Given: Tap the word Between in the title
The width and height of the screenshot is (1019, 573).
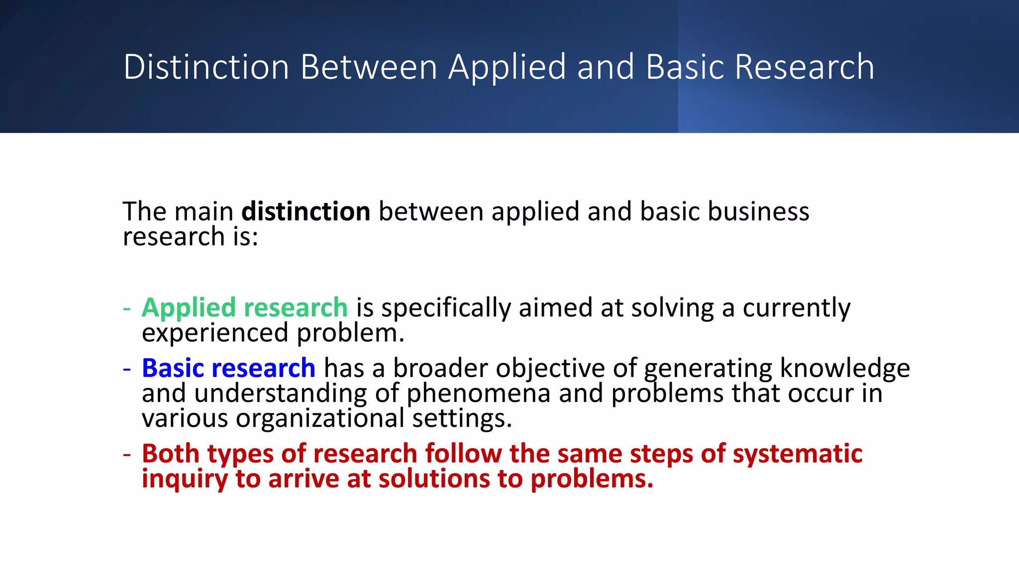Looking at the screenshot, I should click(x=369, y=67).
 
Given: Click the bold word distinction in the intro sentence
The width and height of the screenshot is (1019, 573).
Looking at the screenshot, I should click(x=306, y=211).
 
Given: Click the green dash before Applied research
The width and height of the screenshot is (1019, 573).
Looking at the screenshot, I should click(x=127, y=308).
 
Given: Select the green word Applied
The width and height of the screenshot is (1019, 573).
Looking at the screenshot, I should click(x=189, y=307).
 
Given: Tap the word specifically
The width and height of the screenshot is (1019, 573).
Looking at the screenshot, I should click(x=446, y=307).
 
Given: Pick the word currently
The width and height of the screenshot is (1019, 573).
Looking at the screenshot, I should click(x=797, y=307).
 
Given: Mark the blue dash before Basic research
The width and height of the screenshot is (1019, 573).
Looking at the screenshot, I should click(x=127, y=369).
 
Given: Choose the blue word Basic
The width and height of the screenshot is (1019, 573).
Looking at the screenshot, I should click(x=173, y=368).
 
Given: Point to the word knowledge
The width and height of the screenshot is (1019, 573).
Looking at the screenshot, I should click(x=845, y=368).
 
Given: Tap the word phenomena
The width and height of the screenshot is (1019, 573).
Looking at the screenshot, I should click(x=479, y=393).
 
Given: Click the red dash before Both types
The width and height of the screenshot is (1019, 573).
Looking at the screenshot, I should click(x=127, y=455).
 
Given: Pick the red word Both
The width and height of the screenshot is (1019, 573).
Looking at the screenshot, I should click(x=170, y=454).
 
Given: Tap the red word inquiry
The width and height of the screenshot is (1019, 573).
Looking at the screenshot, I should click(x=185, y=479).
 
